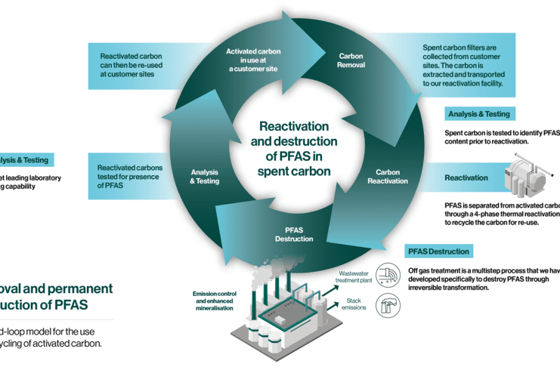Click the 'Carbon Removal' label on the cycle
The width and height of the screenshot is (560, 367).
(x=351, y=60)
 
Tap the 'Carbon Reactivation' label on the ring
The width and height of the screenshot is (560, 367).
(x=388, y=177)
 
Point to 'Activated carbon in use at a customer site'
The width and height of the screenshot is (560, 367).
(x=254, y=60)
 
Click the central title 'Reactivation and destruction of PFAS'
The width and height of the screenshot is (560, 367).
(x=295, y=149)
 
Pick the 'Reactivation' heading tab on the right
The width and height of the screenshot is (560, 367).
(x=466, y=177)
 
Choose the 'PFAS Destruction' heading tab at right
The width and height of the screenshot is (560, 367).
(x=438, y=251)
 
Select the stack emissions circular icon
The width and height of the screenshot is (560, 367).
(x=388, y=304)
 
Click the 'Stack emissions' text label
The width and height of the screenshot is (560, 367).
(x=354, y=304)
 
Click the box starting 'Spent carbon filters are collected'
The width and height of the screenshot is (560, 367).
(x=468, y=69)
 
